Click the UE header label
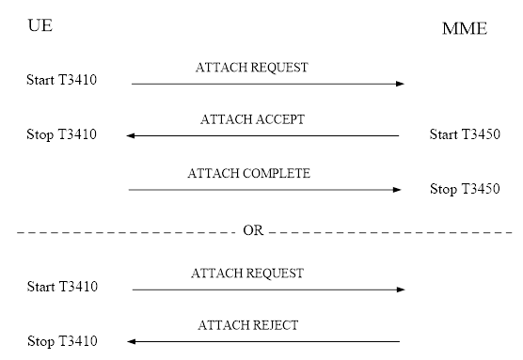40,24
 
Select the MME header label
464,29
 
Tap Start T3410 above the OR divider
62,80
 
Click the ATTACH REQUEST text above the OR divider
251,68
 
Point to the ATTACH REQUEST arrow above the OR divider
267,84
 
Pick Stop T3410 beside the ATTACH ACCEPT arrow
62,134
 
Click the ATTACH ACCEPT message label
252,120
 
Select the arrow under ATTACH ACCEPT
263,136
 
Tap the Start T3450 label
465,134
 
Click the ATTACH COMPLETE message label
248,174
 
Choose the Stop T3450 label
465,188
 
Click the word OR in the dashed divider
253,231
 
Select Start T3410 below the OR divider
62,287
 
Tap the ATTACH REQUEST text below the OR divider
247,274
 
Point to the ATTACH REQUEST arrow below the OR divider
267,290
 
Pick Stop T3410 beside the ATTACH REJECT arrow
62,341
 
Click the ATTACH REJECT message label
247,326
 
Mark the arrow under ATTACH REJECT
263,342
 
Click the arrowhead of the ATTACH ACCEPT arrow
131,136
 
